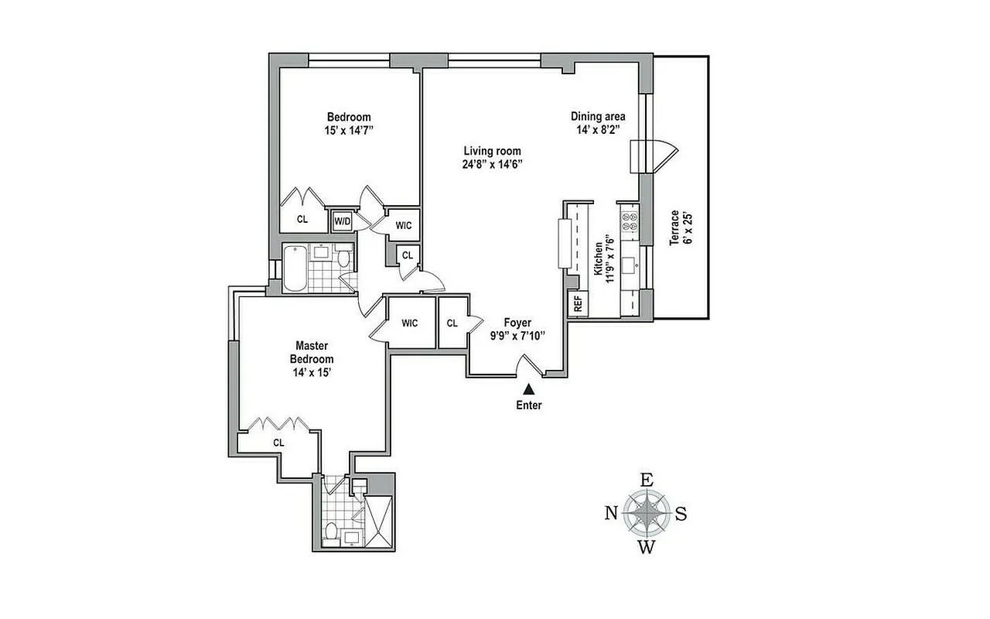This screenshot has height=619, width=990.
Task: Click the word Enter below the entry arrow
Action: pos(529,405)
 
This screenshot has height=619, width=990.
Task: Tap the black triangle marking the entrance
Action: pos(529,389)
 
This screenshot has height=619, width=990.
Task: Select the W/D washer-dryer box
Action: pos(342,221)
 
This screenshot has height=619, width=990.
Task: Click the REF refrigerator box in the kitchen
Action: pos(577,304)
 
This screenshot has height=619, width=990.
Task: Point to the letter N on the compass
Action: pos(611,512)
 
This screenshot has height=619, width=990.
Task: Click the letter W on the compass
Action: pos(647,549)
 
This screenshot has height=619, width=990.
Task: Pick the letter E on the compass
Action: pos(647,479)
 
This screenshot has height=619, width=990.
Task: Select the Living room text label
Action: pos(492,151)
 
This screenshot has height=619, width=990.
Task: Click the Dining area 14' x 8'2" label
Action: pos(598,123)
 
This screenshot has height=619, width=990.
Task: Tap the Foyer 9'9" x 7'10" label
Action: pos(517,329)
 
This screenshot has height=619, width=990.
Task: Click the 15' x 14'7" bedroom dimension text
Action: pos(348,131)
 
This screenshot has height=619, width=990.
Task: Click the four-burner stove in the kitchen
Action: pos(629,222)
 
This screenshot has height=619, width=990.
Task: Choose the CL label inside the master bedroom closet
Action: pos(278,443)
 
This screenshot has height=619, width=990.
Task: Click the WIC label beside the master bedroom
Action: pos(410,323)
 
